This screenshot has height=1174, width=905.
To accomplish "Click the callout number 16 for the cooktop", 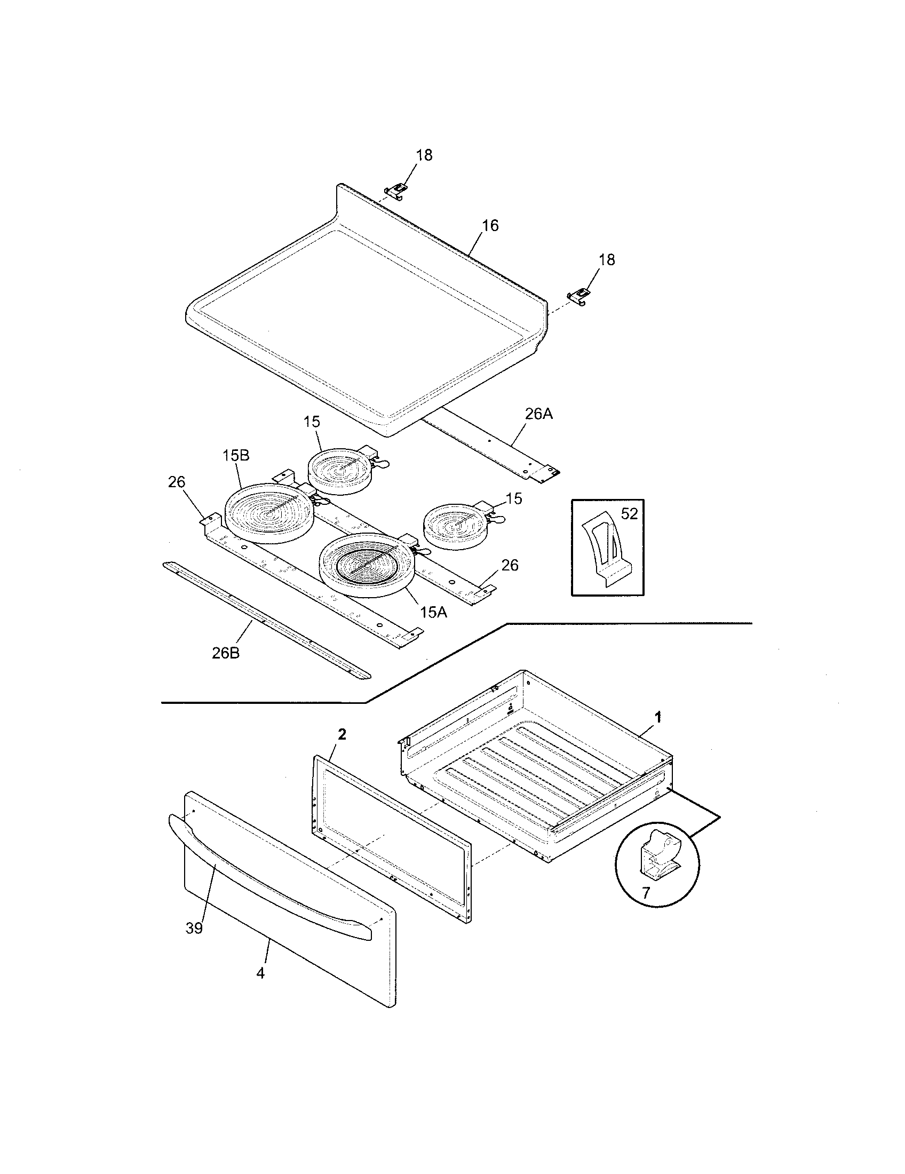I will pos(489,225).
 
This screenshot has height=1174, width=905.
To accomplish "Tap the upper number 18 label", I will pos(424,155).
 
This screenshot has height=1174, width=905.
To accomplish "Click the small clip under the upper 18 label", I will pos(396,189).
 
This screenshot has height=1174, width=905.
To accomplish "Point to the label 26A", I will pos(538,414).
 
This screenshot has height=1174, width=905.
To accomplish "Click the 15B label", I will pos(236,455).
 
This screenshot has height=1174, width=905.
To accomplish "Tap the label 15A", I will pos(433,612).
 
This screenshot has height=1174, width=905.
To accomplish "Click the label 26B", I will pos(226,653).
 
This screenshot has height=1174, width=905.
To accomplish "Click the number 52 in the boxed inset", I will pos(629,514).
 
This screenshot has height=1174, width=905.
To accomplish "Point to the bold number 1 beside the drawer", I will pos(657,717).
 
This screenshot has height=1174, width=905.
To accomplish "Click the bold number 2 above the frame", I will pos(342,734).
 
